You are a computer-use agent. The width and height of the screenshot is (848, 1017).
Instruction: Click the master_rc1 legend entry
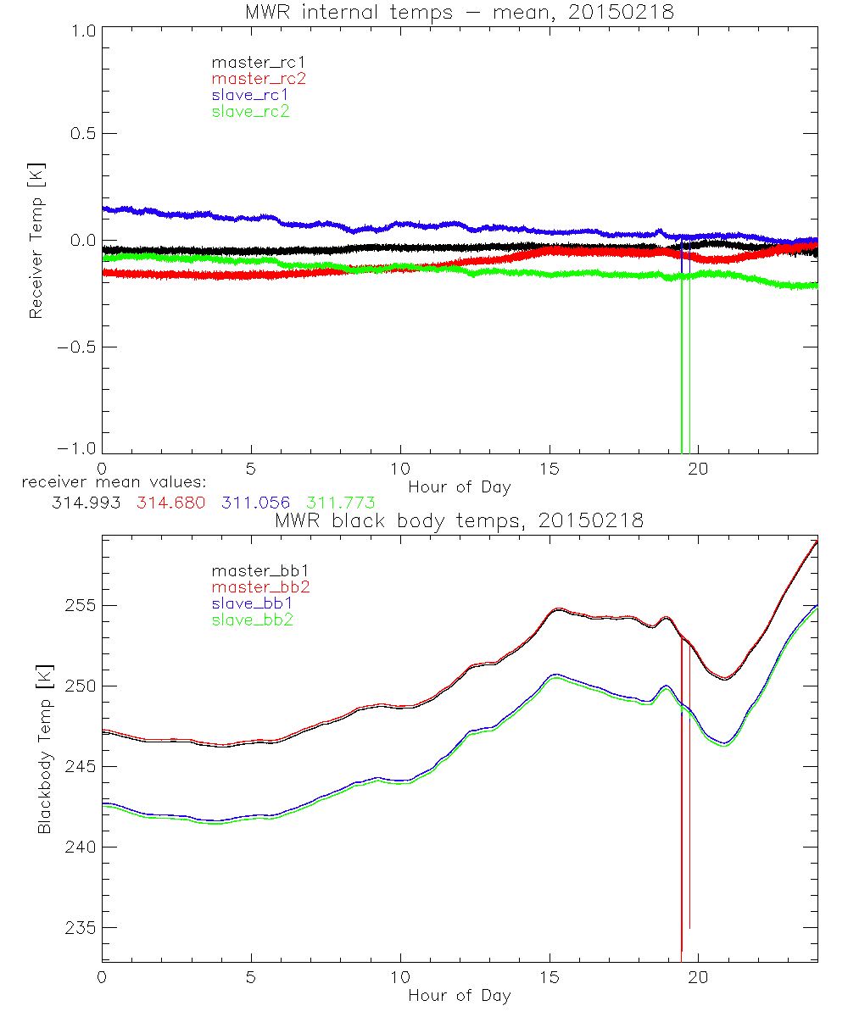pos(251,62)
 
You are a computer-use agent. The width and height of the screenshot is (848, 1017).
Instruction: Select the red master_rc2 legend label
pos(258,78)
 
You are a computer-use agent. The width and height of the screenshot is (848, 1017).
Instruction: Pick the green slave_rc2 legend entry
pos(250,111)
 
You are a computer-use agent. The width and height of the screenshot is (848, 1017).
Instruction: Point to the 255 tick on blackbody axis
pos(78,606)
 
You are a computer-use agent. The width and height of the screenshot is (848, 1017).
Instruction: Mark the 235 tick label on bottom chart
pos(78,927)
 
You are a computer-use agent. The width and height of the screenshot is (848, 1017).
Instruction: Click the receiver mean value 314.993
pos(85,503)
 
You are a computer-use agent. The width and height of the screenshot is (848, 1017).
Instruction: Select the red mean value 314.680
pos(170,503)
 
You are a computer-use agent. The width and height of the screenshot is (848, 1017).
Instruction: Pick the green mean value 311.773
pos(341,503)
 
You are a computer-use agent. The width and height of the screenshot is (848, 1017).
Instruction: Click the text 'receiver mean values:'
pos(109,482)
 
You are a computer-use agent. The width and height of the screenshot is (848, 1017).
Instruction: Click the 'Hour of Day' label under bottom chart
pos(460,995)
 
